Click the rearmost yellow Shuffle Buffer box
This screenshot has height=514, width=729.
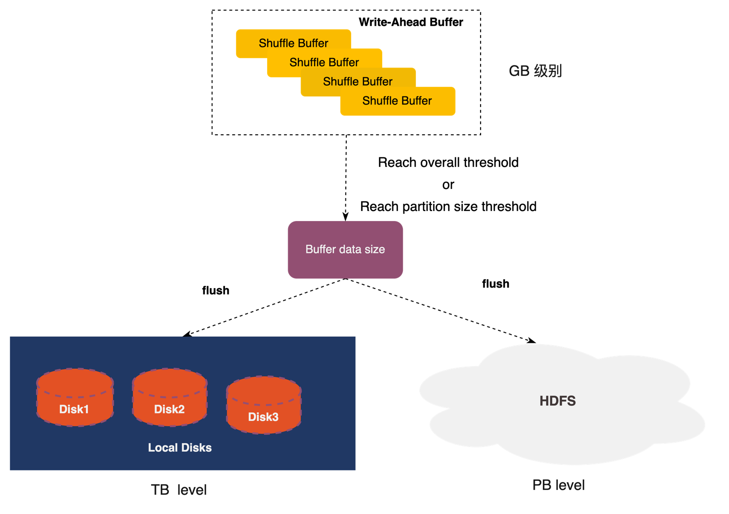pyautogui.click(x=249, y=43)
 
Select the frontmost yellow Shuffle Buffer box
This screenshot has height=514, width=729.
pyautogui.click(x=398, y=101)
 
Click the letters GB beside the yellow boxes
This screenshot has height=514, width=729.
pyautogui.click(x=519, y=71)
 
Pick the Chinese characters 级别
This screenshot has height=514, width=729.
pyautogui.click(x=548, y=71)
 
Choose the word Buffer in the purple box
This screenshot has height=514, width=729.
pyautogui.click(x=320, y=249)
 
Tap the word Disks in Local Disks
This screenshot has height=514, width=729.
pyautogui.click(x=196, y=448)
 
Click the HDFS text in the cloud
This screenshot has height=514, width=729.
pyautogui.click(x=557, y=401)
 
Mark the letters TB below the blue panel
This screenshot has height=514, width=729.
pyautogui.click(x=160, y=490)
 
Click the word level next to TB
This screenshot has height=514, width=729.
pyautogui.click(x=192, y=490)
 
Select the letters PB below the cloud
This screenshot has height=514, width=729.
pyautogui.click(x=541, y=485)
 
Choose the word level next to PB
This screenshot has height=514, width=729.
pyautogui.click(x=570, y=485)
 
